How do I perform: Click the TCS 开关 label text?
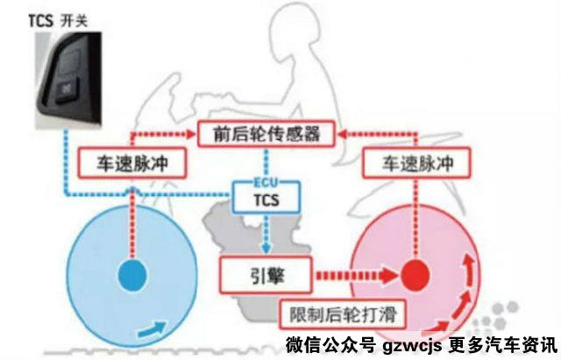pyautogui.click(x=58, y=21)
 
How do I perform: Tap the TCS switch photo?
pyautogui.click(x=68, y=80)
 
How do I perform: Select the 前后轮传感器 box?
pyautogui.click(x=266, y=134)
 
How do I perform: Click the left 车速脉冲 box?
pyautogui.click(x=132, y=163)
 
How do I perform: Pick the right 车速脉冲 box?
pyautogui.click(x=416, y=163)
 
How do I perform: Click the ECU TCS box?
pyautogui.click(x=266, y=196)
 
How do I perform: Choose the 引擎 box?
pyautogui.click(x=266, y=275)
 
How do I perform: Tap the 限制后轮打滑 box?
pyautogui.click(x=343, y=314)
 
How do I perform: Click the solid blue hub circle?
pyautogui.click(x=132, y=276)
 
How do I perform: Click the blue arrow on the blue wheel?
pyautogui.click(x=152, y=329)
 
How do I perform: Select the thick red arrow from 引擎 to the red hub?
pyautogui.click(x=357, y=276)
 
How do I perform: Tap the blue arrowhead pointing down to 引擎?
pyautogui.click(x=266, y=248)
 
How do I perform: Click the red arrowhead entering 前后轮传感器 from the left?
pyautogui.click(x=189, y=134)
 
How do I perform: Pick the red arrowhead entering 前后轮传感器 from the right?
pyautogui.click(x=344, y=134)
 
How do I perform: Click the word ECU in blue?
pyautogui.click(x=266, y=182)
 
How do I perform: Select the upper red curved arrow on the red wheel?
pyautogui.click(x=470, y=271)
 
